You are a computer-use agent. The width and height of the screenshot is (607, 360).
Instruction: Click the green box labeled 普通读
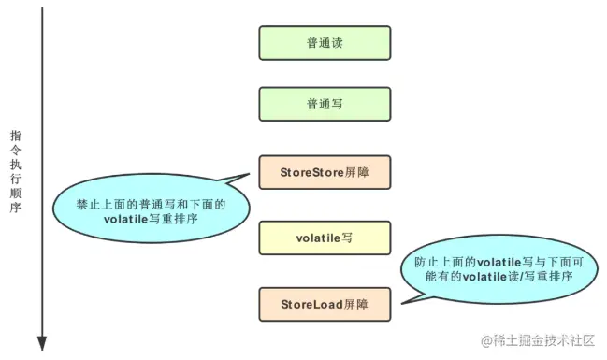(324, 43)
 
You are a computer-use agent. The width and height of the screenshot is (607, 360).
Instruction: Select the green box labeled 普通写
(324, 105)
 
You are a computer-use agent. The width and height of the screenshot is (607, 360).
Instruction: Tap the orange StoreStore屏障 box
(324, 172)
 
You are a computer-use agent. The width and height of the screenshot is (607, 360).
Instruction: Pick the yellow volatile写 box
(324, 238)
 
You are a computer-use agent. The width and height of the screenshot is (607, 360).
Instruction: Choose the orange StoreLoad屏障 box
(324, 305)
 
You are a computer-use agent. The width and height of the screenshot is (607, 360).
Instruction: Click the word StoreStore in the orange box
(311, 172)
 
